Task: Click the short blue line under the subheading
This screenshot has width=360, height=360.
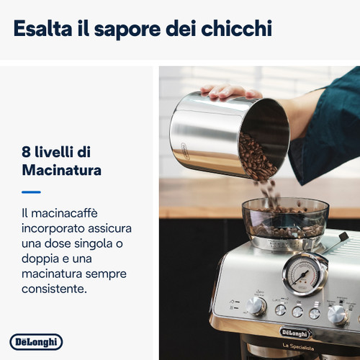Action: pyautogui.click(x=31, y=192)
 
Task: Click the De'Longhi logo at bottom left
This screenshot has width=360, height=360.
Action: pyautogui.click(x=36, y=341)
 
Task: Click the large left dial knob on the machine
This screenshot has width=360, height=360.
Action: pyautogui.click(x=256, y=305)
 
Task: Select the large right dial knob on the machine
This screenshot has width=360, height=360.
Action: pyautogui.click(x=337, y=313)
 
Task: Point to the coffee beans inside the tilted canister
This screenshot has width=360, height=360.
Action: pyautogui.click(x=256, y=155)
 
